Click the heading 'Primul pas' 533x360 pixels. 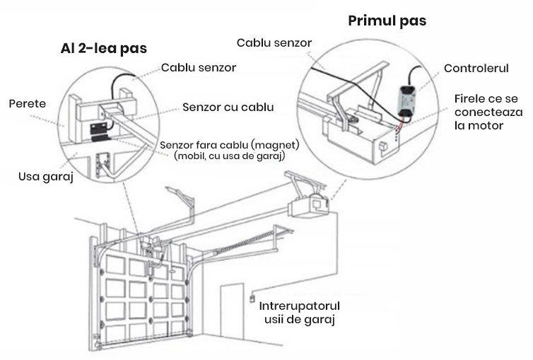click(387, 21)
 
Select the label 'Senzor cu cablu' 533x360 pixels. click(228, 108)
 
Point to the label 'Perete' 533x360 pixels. click(28, 103)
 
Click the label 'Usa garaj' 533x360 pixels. click(45, 175)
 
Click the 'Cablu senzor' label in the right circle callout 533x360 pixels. click(274, 43)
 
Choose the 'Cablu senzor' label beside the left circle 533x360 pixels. click(198, 68)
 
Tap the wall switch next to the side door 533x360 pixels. click(250, 299)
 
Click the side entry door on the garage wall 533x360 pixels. click(232, 315)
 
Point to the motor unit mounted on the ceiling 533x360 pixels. click(309, 205)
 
